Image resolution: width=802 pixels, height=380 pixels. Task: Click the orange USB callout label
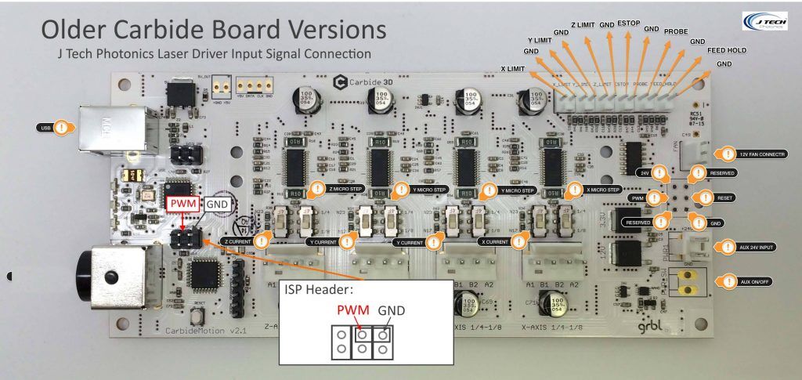tap(45, 127)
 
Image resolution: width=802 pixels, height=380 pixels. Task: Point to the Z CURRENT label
tap(238, 242)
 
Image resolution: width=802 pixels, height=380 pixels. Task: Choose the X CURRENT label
tap(497, 242)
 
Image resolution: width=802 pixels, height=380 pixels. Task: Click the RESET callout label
tap(724, 197)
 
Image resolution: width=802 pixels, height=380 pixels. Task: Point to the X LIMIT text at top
tap(513, 69)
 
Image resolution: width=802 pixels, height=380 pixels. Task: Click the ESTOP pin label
tap(627, 24)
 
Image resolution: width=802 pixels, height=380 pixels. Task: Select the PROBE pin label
tap(676, 31)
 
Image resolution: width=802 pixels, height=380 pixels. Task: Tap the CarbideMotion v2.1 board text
tap(197, 331)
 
